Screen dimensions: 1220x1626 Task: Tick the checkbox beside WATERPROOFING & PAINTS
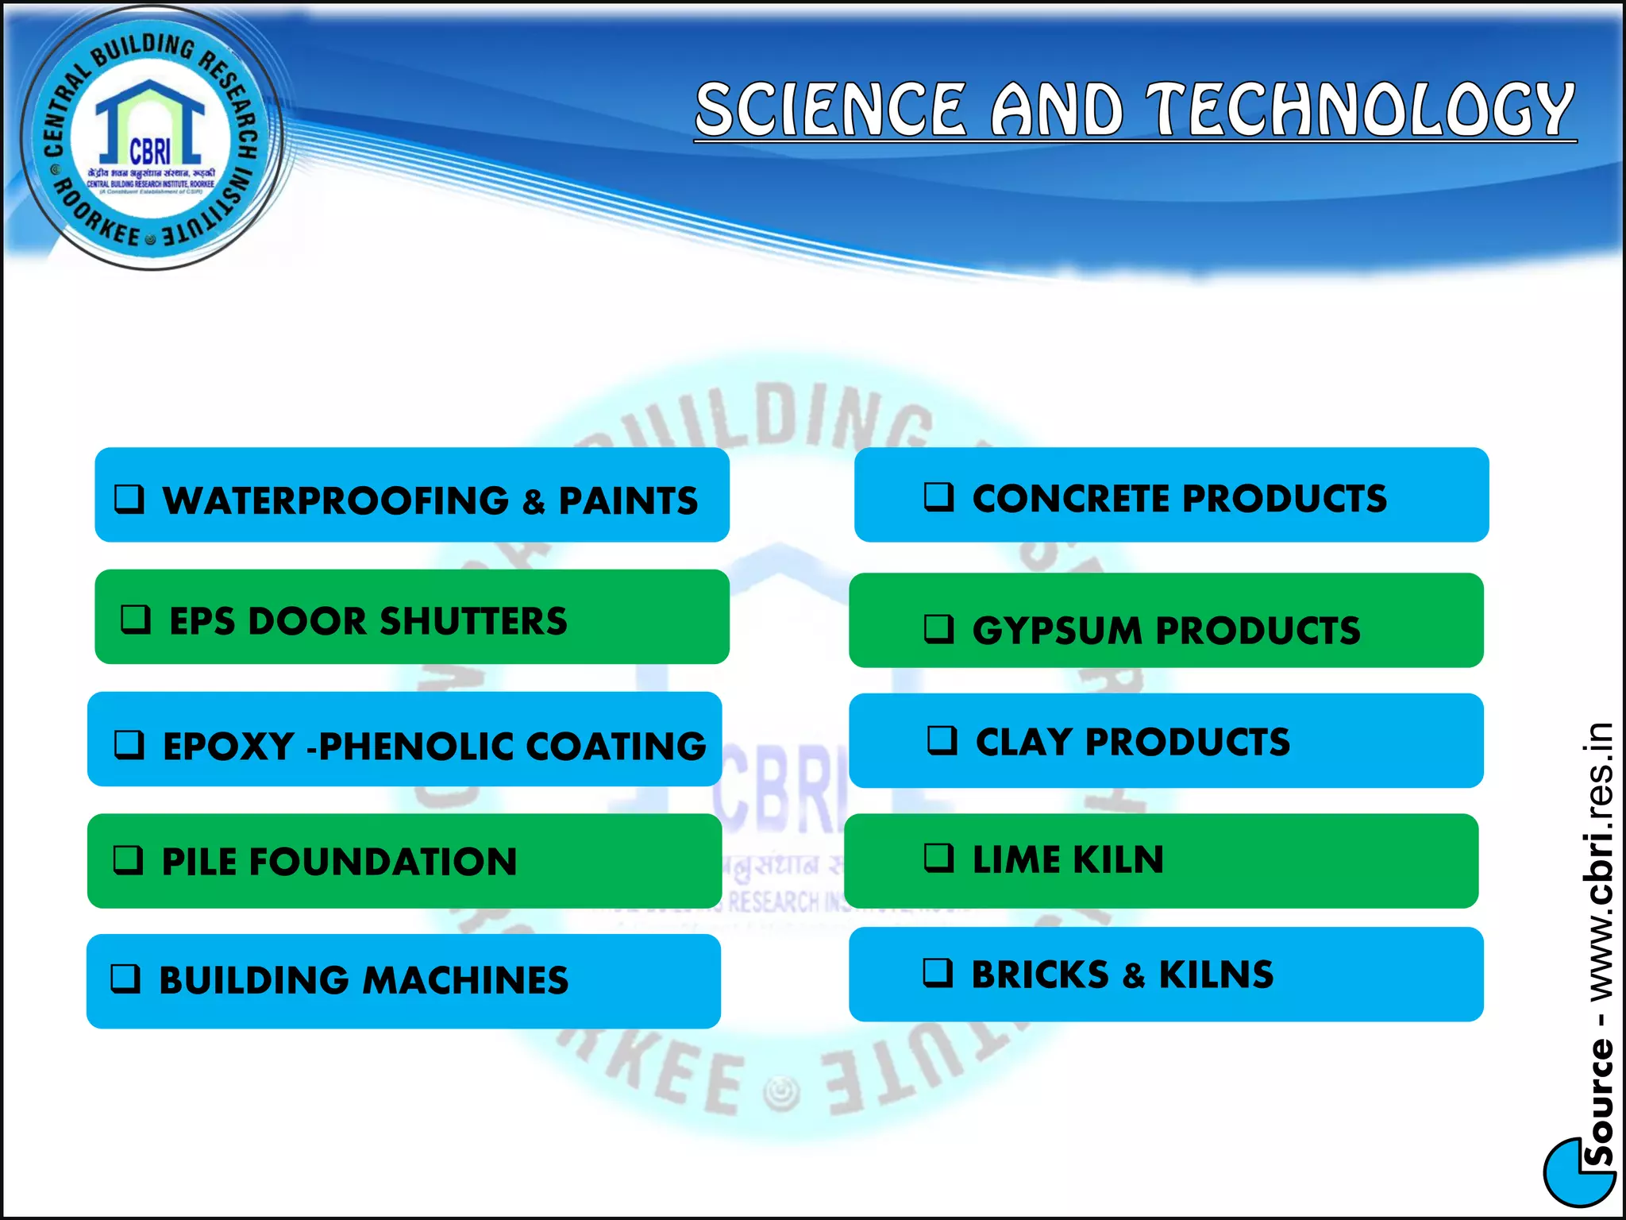pos(129,499)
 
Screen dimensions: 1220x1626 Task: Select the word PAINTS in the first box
pos(628,501)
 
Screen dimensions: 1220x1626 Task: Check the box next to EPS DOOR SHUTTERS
pos(136,619)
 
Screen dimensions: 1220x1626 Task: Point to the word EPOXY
pos(229,747)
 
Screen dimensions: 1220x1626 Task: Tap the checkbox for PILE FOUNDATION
pos(129,859)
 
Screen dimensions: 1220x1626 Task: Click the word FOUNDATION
pos(383,863)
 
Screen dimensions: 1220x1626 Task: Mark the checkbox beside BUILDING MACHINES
pos(125,979)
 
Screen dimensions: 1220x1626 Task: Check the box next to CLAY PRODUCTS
pos(942,740)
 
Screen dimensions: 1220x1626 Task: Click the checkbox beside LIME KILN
pos(939,858)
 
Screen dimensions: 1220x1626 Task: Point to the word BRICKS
pos(1040,975)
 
